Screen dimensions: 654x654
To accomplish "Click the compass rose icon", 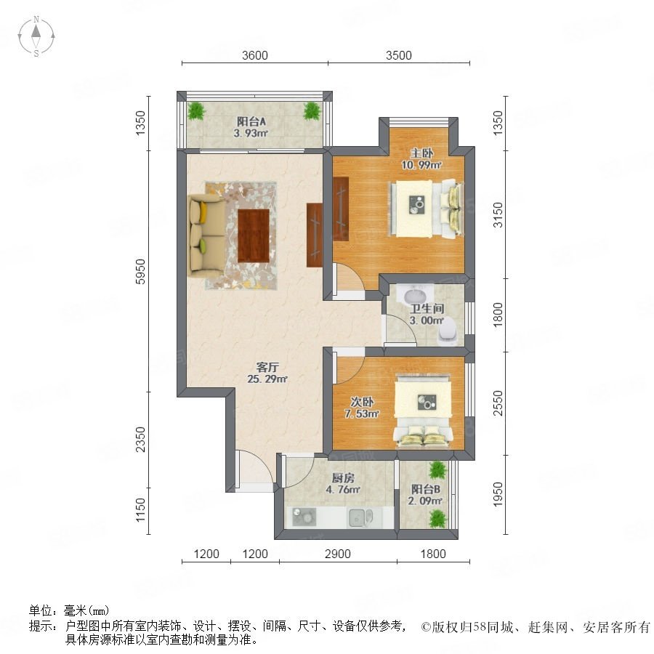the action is [x=36, y=36].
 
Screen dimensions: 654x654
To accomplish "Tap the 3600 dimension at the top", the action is [x=255, y=55].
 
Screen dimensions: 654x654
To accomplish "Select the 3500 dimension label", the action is [x=399, y=55].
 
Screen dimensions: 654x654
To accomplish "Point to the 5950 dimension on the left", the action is [x=141, y=272].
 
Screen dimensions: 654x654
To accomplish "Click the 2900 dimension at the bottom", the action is [x=337, y=554].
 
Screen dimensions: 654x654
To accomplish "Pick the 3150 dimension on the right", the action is [x=498, y=215].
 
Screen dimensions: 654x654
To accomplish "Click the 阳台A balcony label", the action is [x=251, y=127].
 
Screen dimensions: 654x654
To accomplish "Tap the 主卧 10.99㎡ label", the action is [x=421, y=159].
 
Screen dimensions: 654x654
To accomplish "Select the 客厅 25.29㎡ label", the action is [x=267, y=373].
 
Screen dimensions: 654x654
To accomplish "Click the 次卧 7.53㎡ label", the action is [x=362, y=408].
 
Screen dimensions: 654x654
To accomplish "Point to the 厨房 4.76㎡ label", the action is [x=343, y=483].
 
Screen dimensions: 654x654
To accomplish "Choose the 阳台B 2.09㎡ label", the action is [x=425, y=495].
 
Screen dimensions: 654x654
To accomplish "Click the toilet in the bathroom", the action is [x=448, y=331].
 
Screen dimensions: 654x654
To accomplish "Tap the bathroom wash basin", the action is [x=415, y=294].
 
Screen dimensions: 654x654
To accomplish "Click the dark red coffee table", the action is [x=253, y=235].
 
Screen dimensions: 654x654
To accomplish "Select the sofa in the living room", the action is [x=206, y=235].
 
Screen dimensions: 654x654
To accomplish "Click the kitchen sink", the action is [x=360, y=517].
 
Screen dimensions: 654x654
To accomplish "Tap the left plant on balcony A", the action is [x=195, y=111].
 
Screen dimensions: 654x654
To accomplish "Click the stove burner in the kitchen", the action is [x=304, y=517].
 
